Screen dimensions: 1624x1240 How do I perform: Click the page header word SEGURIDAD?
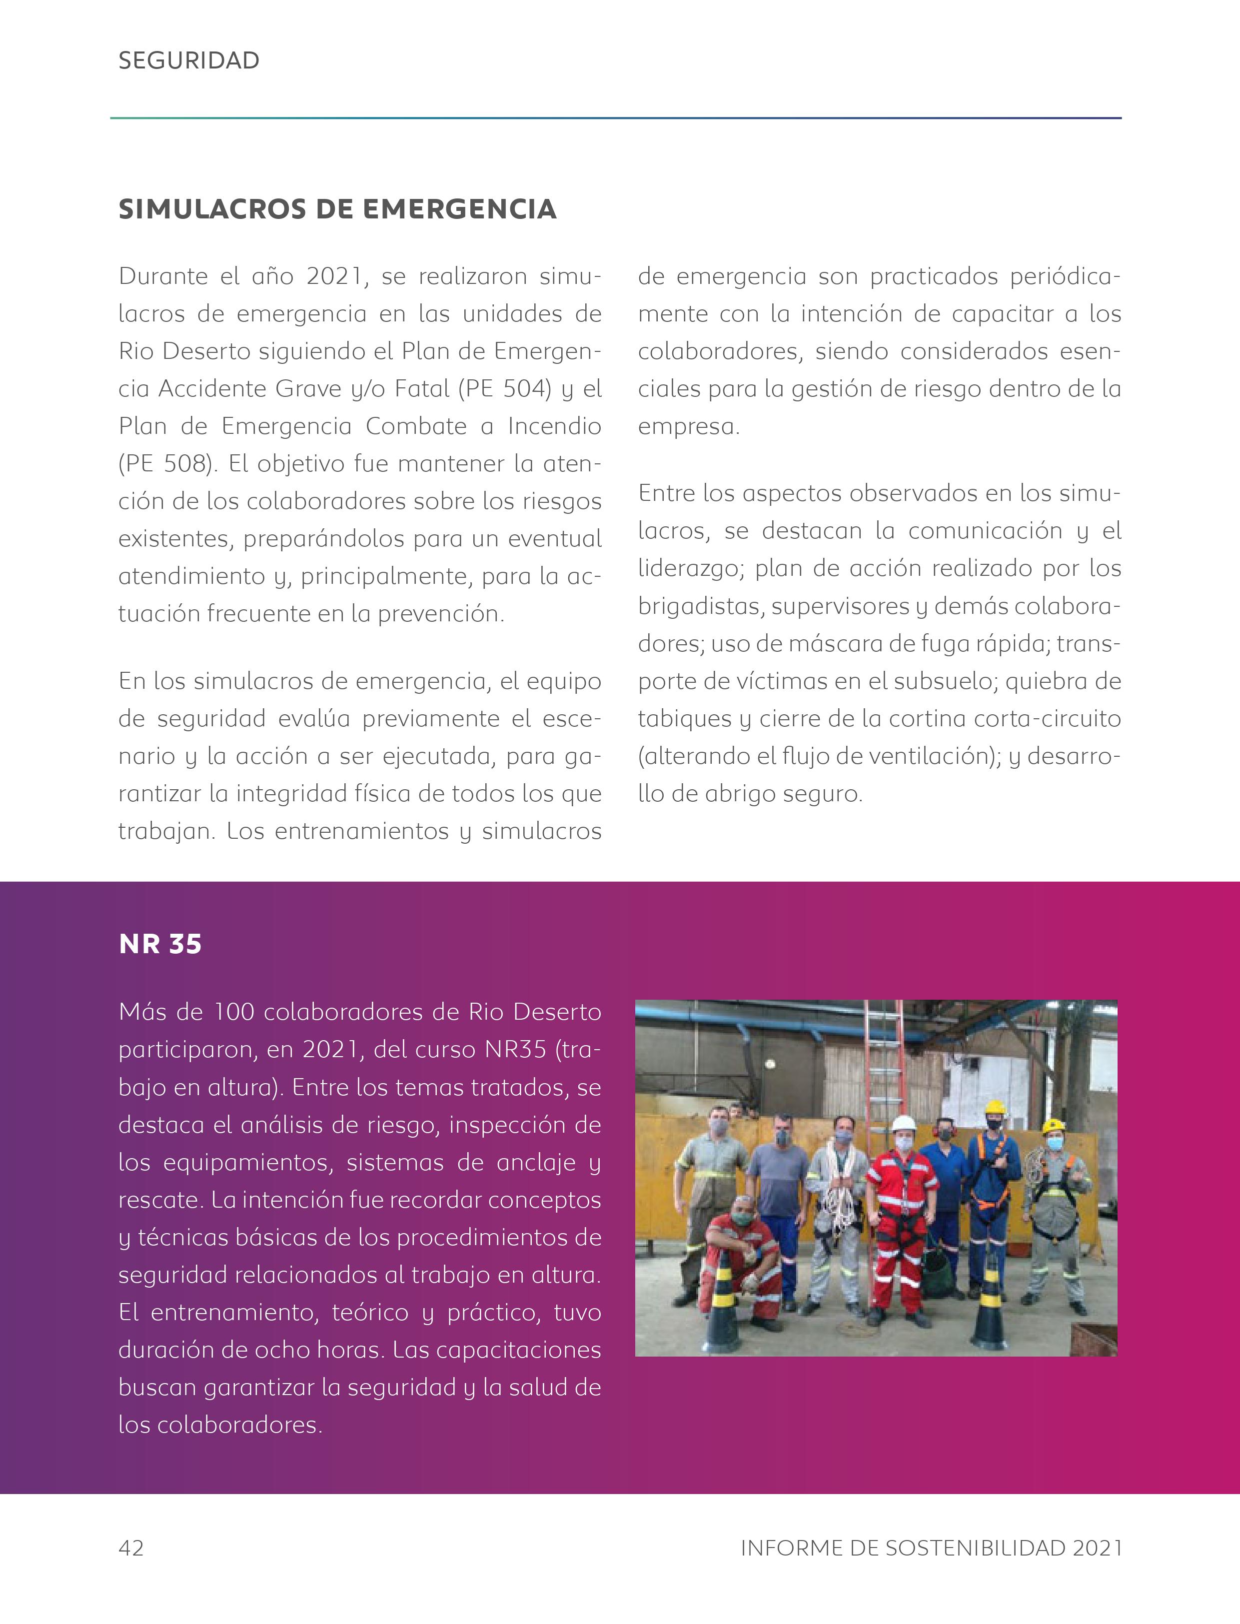189,60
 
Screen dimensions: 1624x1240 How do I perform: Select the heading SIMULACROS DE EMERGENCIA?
337,209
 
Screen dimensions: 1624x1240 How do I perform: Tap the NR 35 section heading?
160,944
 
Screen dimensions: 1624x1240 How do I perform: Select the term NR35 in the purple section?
515,1050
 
